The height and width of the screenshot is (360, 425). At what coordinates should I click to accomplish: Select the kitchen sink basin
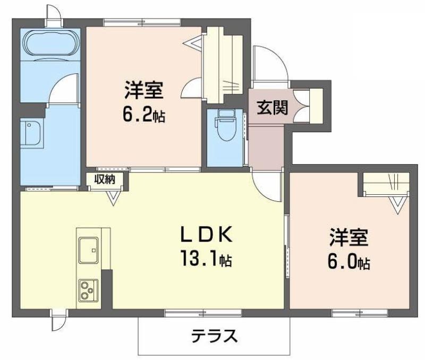[x=89, y=250]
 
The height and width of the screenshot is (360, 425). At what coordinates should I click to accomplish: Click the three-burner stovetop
[x=88, y=290]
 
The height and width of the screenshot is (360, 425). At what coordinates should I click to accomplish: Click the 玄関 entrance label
[x=272, y=108]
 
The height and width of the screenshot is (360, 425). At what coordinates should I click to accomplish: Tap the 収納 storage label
[x=105, y=179]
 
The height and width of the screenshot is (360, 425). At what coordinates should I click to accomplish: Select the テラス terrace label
[x=214, y=336]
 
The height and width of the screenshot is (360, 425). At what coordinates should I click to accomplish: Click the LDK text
[x=207, y=234]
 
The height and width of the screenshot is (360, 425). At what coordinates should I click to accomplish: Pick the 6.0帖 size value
[x=349, y=261]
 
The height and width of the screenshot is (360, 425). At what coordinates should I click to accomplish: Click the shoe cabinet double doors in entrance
[x=301, y=106]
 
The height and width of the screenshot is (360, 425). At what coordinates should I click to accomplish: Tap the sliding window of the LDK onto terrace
[x=203, y=314]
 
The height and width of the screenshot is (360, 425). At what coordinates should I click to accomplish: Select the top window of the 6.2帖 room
[x=142, y=22]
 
